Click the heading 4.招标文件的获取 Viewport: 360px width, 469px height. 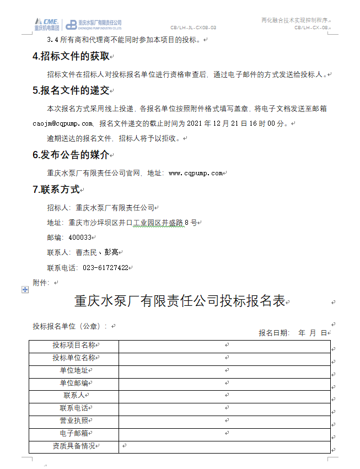click(x=72, y=57)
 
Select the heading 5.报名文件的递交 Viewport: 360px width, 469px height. click(x=72, y=91)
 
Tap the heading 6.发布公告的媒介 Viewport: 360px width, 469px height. click(x=72, y=155)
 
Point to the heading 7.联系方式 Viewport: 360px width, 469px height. click(x=56, y=190)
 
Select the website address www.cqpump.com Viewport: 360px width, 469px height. click(x=196, y=173)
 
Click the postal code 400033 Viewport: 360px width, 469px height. click(x=80, y=238)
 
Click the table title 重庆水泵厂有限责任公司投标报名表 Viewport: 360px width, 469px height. click(x=180, y=301)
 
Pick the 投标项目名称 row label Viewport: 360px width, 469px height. click(x=74, y=346)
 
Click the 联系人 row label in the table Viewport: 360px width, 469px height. click(x=74, y=396)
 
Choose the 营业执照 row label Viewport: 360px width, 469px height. click(x=74, y=421)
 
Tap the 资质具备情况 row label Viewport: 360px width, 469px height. click(x=74, y=446)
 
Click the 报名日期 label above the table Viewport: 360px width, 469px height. click(x=273, y=333)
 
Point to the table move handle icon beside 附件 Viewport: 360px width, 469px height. click(x=25, y=289)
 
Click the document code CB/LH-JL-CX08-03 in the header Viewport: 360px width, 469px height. click(x=193, y=27)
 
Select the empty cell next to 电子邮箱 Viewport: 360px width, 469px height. click(x=224, y=434)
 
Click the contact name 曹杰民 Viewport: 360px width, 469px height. click(x=86, y=252)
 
